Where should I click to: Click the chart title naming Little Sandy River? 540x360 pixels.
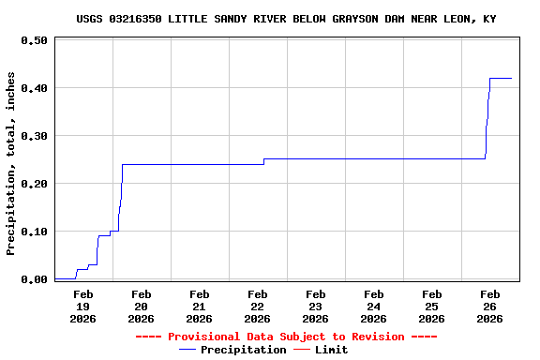tap(286, 19)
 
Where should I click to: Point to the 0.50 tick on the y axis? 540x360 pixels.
tap(34, 41)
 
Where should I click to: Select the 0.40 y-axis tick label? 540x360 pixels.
tap(34, 88)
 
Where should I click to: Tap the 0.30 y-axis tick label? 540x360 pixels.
tap(34, 136)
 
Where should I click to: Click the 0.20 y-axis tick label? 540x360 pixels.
tap(34, 184)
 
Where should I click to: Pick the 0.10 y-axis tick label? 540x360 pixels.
tap(34, 232)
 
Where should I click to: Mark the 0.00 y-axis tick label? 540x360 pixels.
tap(34, 279)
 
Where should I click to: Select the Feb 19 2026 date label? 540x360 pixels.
tap(82, 307)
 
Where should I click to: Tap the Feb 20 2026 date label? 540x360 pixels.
tap(141, 307)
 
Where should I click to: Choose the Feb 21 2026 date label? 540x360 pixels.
tap(199, 307)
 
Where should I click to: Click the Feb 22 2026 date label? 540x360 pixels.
tap(257, 307)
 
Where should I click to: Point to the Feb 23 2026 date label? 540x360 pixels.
tap(315, 307)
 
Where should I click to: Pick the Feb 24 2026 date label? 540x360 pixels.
tap(373, 307)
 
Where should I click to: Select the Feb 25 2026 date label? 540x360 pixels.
tap(431, 307)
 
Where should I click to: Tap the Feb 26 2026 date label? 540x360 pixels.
tap(489, 307)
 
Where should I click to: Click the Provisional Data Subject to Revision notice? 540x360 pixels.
tap(286, 337)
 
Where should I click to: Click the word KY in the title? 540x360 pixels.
tap(489, 19)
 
